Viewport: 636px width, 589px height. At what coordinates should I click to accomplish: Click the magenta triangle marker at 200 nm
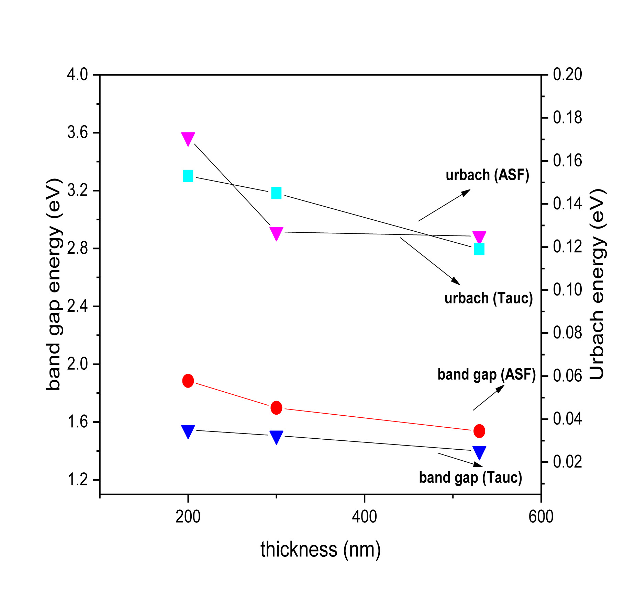coord(188,138)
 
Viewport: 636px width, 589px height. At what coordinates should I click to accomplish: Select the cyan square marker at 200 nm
coord(188,176)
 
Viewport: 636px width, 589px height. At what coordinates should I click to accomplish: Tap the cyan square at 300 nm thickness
coord(276,193)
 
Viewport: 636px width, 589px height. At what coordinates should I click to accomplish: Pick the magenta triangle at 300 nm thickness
coord(276,233)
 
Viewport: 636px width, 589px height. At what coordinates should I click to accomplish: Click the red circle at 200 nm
coord(188,381)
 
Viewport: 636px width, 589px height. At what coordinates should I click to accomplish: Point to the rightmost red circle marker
coord(479,431)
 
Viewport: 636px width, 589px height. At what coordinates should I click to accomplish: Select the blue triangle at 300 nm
coord(276,437)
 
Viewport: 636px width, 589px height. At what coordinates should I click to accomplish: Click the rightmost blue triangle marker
coord(479,452)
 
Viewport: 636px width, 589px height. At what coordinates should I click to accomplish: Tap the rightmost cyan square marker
coord(479,249)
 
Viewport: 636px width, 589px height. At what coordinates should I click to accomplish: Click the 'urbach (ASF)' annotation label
coord(487,175)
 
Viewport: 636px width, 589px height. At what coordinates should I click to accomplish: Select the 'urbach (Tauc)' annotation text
coord(488,298)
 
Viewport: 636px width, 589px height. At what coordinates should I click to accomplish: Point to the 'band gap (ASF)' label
coord(487,374)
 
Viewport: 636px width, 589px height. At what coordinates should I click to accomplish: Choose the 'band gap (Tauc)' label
coord(470,477)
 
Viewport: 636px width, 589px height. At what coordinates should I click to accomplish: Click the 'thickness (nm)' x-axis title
coord(321,550)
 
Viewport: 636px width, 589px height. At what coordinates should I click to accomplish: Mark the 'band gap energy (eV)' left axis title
coord(54,284)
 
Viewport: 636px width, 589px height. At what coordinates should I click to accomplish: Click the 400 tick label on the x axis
coord(364,516)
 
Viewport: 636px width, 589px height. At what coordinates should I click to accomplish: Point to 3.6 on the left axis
coord(78,132)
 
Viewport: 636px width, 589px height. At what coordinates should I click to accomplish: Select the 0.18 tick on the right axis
coord(567,118)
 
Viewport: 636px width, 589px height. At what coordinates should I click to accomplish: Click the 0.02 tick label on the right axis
coord(567,462)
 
